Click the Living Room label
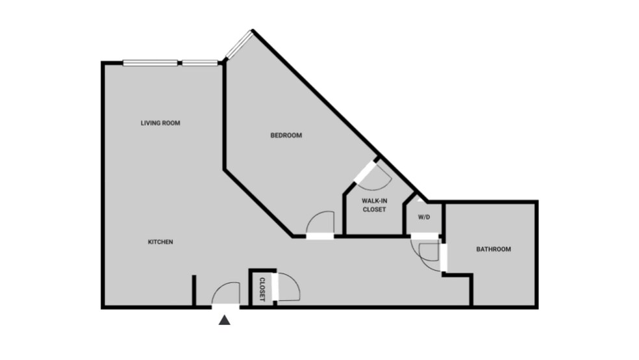click(160, 123)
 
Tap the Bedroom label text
click(286, 135)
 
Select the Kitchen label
click(160, 242)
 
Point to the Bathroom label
click(494, 249)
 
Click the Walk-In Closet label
click(374, 205)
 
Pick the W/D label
click(423, 216)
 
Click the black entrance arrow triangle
click(225, 320)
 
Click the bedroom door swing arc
click(319, 222)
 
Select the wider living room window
click(150, 63)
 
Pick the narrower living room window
click(200, 63)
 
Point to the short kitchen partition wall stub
click(194, 290)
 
